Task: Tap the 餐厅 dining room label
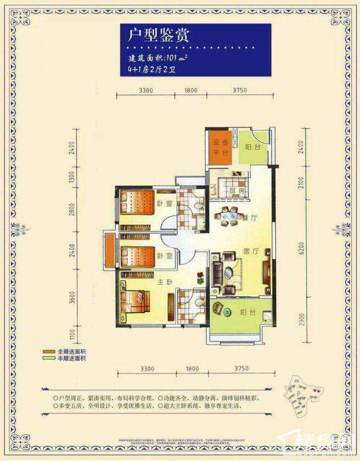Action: pyautogui.click(x=250, y=217)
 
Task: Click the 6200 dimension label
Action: pyautogui.click(x=301, y=249)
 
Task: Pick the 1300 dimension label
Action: pyautogui.click(x=72, y=179)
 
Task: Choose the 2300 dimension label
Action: pyautogui.click(x=301, y=319)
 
